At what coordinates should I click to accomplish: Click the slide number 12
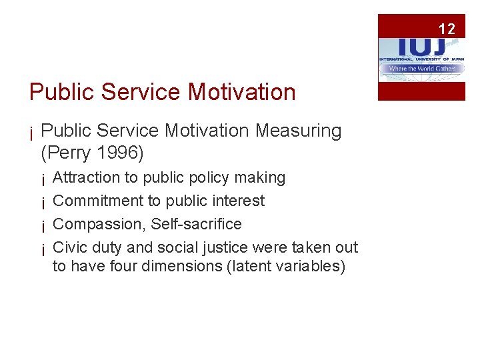tap(447, 29)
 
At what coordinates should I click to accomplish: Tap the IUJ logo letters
tap(420, 45)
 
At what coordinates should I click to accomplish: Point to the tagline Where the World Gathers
tap(421, 69)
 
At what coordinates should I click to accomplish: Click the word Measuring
tap(298, 131)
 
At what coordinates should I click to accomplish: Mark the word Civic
tap(70, 247)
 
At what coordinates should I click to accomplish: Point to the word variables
tap(311, 266)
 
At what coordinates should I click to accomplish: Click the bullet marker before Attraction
tap(42, 179)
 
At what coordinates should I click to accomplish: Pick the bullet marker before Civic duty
tap(42, 249)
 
